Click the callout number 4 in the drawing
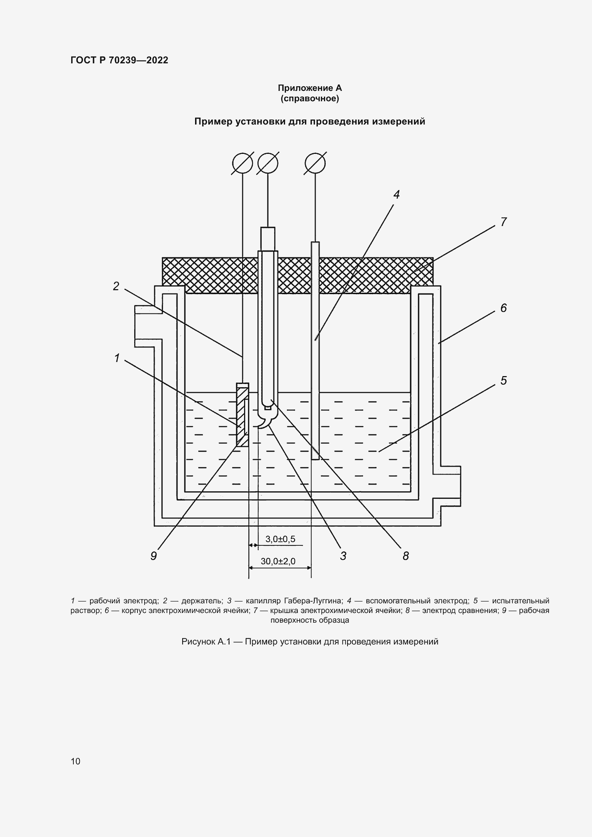pyautogui.click(x=397, y=195)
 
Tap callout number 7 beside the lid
pyautogui.click(x=504, y=222)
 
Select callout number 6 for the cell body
pyautogui.click(x=504, y=308)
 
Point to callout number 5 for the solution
pyautogui.click(x=504, y=381)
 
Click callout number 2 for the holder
pyautogui.click(x=116, y=286)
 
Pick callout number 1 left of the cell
pyautogui.click(x=117, y=358)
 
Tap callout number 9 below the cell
pyautogui.click(x=154, y=556)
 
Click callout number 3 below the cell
pyautogui.click(x=343, y=556)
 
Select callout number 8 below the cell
pyautogui.click(x=406, y=556)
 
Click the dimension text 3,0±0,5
pyautogui.click(x=280, y=539)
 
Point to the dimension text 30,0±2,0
pyautogui.click(x=278, y=561)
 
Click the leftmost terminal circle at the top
pyautogui.click(x=243, y=163)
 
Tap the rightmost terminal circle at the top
pyautogui.click(x=315, y=163)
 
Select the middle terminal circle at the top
pyautogui.click(x=268, y=163)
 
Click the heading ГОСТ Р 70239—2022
pyautogui.click(x=119, y=60)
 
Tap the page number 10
pyautogui.click(x=76, y=761)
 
